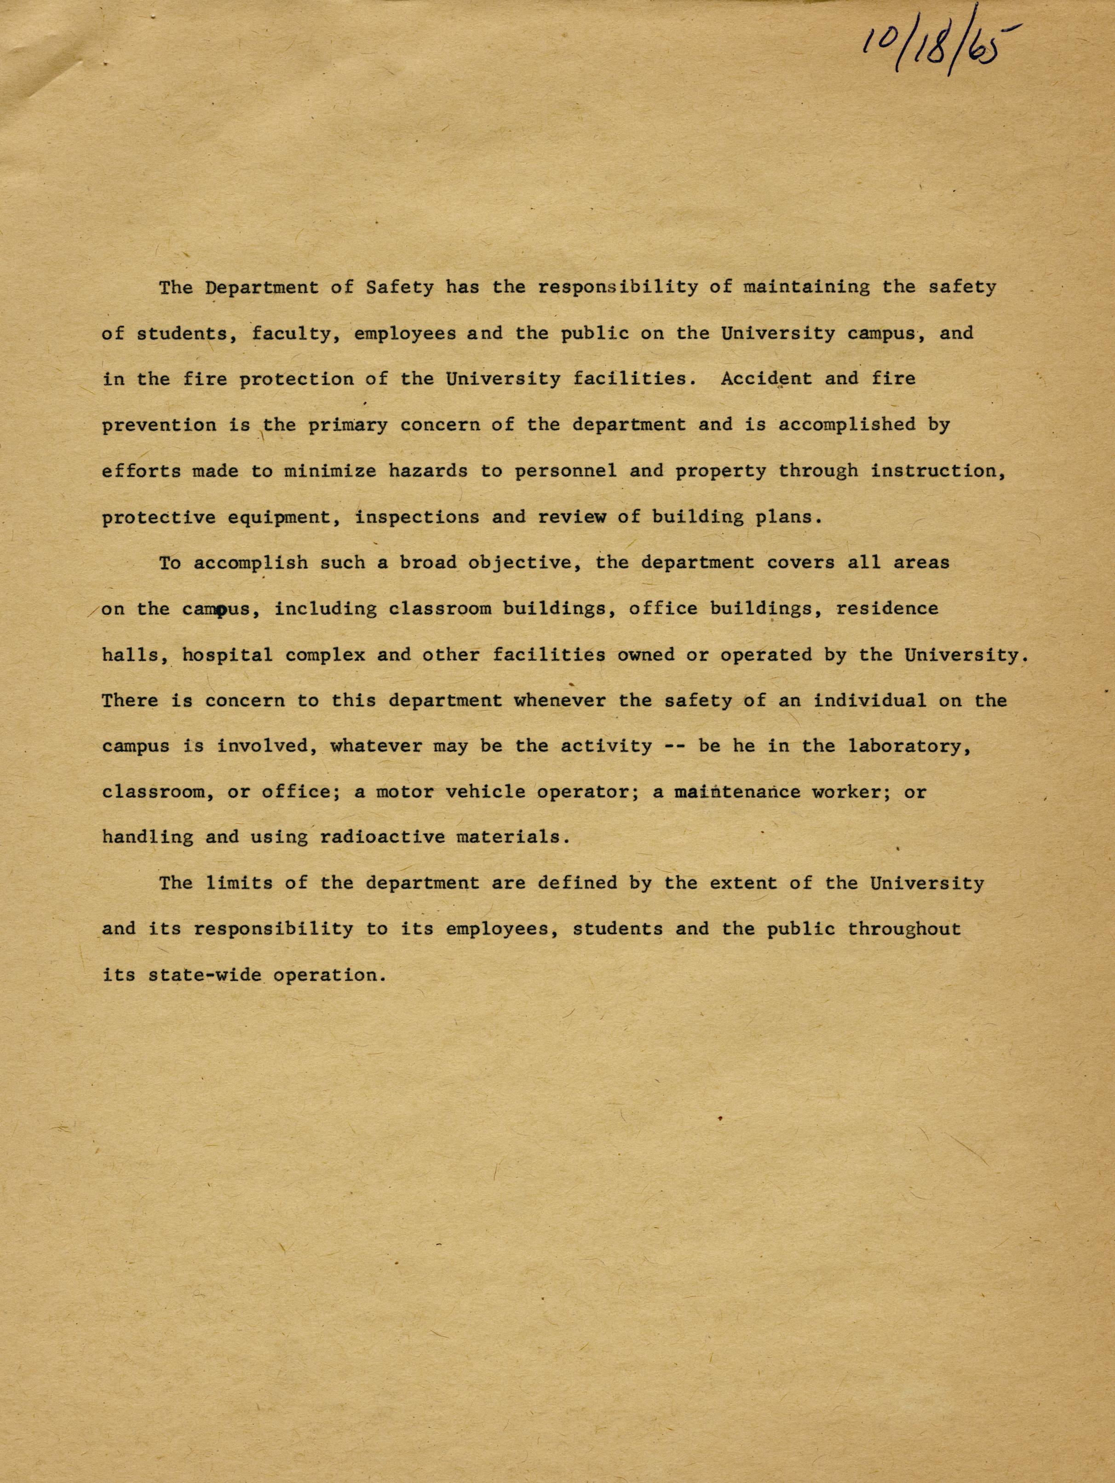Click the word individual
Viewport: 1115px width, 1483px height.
(x=870, y=701)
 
